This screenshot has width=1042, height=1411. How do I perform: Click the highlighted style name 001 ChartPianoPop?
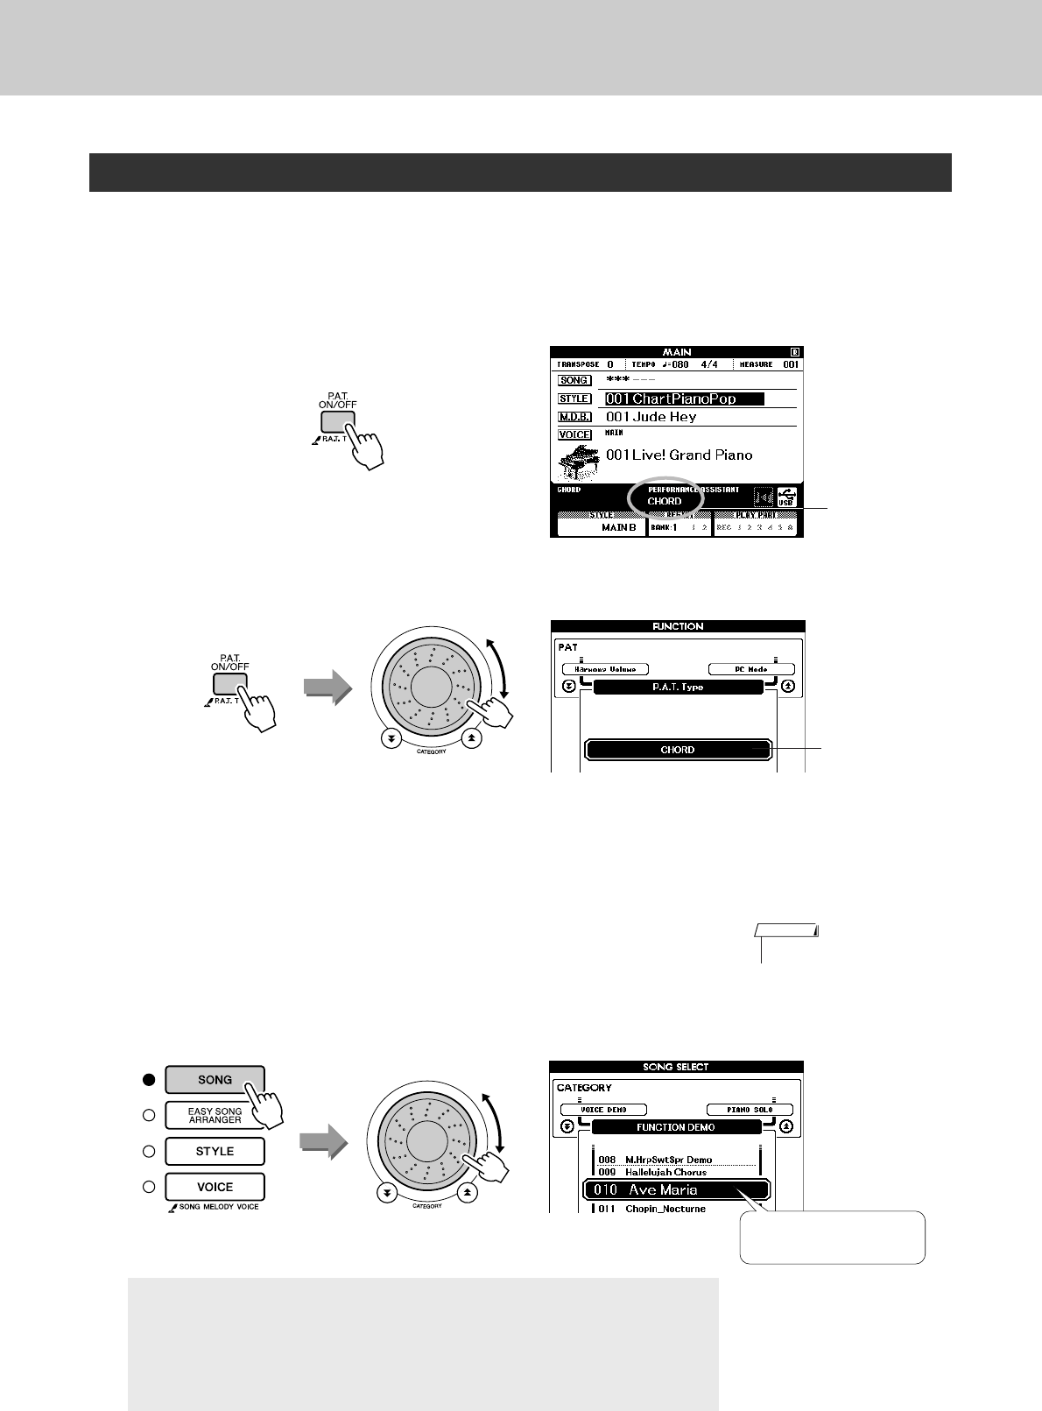[x=684, y=399]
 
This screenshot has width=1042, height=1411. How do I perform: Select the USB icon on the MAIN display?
[x=785, y=497]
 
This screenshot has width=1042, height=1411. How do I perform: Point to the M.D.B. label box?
[x=574, y=417]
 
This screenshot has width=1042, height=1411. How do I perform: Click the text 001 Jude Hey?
[x=651, y=417]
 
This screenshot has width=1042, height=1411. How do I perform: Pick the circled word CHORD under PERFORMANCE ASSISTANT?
[x=665, y=501]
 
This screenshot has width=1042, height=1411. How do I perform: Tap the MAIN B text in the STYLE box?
[x=619, y=528]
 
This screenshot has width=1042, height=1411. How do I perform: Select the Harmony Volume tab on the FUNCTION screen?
[x=605, y=669]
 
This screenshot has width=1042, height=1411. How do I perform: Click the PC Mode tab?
[x=750, y=669]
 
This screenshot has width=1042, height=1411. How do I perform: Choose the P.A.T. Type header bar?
[x=677, y=688]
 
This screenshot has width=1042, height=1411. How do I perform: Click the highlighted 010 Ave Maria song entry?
[x=676, y=1189]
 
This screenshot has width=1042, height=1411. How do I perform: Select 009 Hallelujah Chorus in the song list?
[x=665, y=1172]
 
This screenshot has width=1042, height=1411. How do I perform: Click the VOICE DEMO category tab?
[x=604, y=1110]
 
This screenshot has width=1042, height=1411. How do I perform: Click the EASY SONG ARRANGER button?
[x=215, y=1115]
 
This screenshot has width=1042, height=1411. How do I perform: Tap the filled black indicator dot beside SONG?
[x=149, y=1080]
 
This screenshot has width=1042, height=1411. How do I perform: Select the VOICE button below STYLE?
[x=215, y=1187]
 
